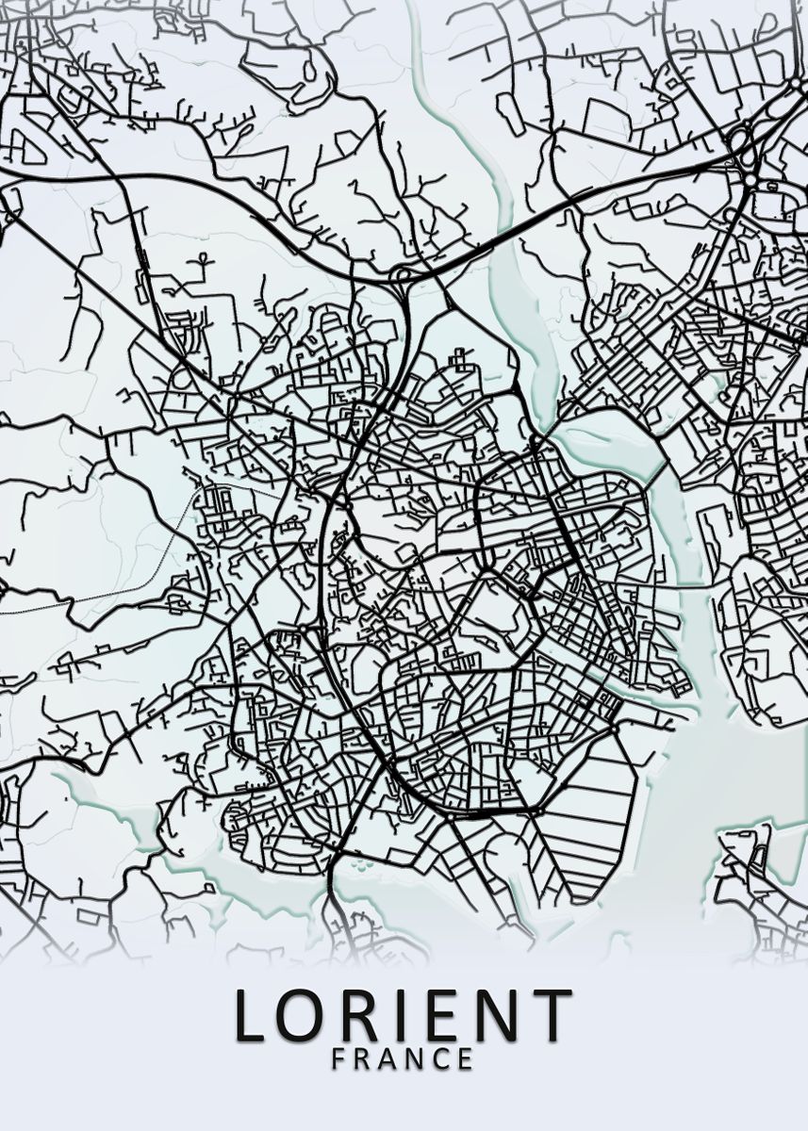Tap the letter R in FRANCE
(363, 1058)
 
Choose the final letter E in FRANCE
(466, 1058)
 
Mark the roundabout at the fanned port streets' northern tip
(614, 729)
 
